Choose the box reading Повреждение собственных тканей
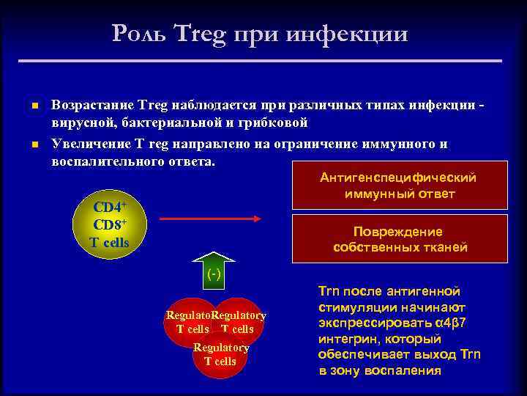click(399, 239)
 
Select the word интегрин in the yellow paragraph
click(345, 339)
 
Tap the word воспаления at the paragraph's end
click(405, 370)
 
